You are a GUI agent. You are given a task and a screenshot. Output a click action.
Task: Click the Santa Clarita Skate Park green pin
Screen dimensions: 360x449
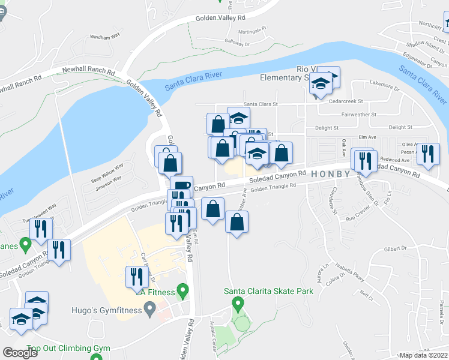pyautogui.click(x=238, y=304)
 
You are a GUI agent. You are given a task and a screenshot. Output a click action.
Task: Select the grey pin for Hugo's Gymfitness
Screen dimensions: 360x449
pyautogui.click(x=150, y=310)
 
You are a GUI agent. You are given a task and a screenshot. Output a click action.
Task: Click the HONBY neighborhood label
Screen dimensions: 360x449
pyautogui.click(x=330, y=174)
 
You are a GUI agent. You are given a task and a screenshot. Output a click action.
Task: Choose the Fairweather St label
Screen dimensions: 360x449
pyautogui.click(x=358, y=114)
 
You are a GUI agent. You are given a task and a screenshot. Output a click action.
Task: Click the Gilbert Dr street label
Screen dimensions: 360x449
pyautogui.click(x=396, y=248)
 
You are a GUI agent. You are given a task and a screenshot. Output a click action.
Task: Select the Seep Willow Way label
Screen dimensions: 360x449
pyautogui.click(x=106, y=174)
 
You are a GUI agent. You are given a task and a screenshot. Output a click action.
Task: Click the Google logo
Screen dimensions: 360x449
pyautogui.click(x=20, y=352)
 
